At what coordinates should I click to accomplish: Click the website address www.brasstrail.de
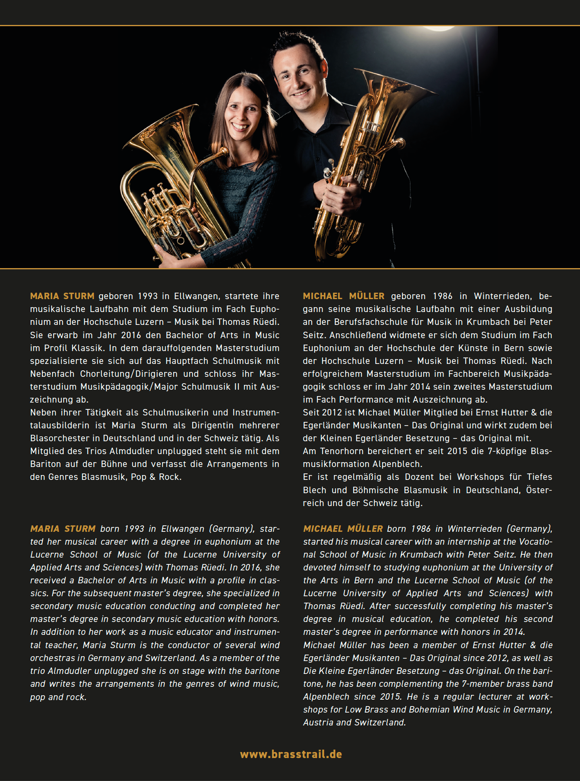pyautogui.click(x=291, y=754)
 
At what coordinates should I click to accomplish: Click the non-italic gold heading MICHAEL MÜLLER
pyautogui.click(x=344, y=296)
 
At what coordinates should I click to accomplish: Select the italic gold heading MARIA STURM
pyautogui.click(x=63, y=529)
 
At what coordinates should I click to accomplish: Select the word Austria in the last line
pyautogui.click(x=318, y=722)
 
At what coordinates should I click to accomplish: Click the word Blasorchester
pyautogui.click(x=56, y=438)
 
